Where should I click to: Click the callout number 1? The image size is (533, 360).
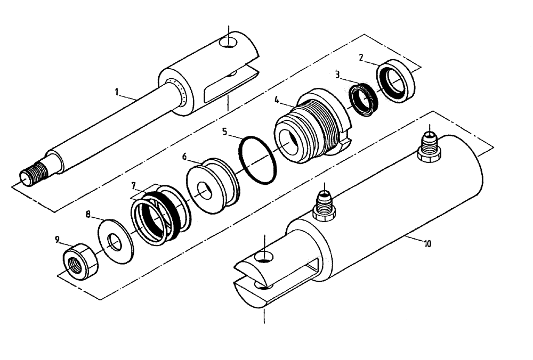point(116,92)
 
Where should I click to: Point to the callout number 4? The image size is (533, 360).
point(277,100)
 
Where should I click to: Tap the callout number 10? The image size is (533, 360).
point(427,243)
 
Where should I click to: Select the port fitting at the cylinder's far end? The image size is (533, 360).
point(429,146)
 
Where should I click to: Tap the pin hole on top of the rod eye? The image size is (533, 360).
point(231,41)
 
